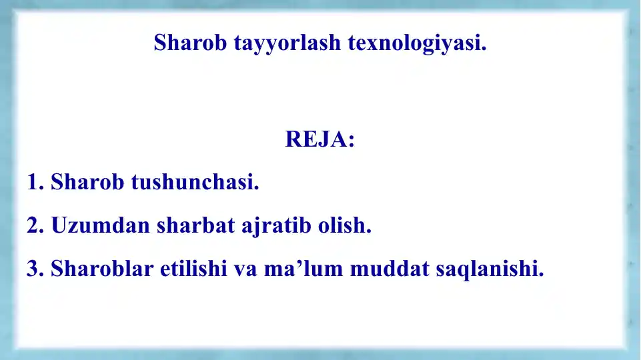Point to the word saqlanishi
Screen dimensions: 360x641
tap(490, 269)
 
